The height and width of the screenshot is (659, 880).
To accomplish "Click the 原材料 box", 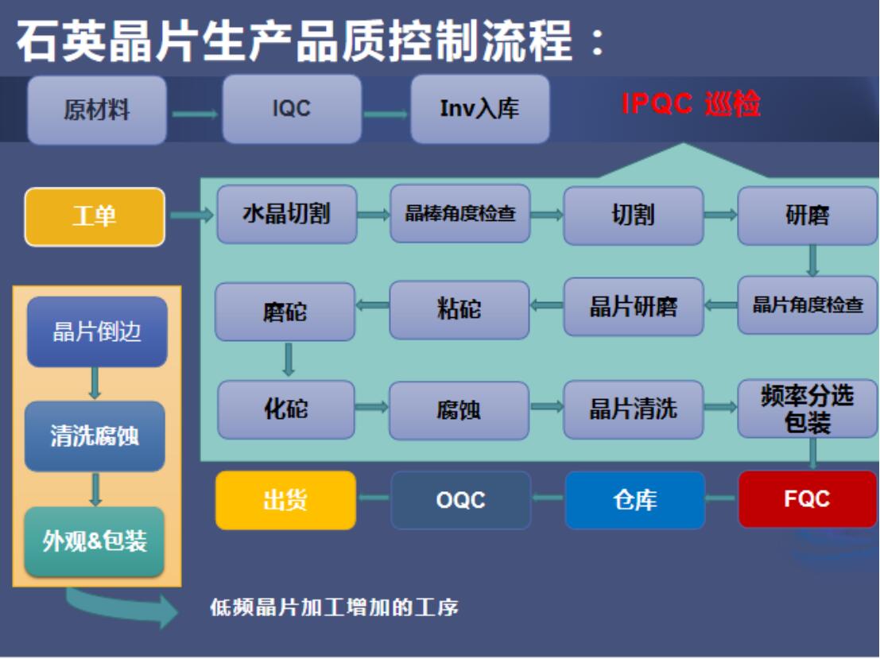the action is [97, 110].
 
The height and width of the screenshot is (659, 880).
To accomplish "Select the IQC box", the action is [292, 109].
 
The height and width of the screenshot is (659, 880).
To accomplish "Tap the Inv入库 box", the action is [480, 109].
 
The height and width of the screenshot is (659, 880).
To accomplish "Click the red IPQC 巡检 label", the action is [691, 104].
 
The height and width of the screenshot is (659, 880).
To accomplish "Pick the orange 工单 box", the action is [95, 217].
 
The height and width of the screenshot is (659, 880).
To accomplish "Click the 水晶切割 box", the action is [287, 215].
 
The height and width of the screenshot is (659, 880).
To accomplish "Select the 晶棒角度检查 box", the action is [460, 213].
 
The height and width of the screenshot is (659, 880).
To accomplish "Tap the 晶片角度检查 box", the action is [808, 304].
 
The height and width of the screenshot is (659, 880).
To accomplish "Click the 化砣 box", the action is [286, 409].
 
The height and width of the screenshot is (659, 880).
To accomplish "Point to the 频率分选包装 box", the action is [808, 409].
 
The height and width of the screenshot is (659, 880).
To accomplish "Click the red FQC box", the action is [807, 499].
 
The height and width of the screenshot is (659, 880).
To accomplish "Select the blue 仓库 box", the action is [634, 499].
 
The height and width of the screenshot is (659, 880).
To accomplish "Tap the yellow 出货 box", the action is [285, 500].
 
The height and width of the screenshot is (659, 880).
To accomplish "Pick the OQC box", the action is [461, 500].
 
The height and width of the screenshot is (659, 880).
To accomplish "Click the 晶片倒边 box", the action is [97, 331].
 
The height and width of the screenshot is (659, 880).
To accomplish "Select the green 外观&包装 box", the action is [95, 541].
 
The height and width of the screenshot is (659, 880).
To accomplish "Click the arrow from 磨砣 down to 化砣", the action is [289, 359].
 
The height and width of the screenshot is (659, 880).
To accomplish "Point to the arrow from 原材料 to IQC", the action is [195, 114].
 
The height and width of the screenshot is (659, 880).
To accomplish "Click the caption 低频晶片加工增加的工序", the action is [335, 607].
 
